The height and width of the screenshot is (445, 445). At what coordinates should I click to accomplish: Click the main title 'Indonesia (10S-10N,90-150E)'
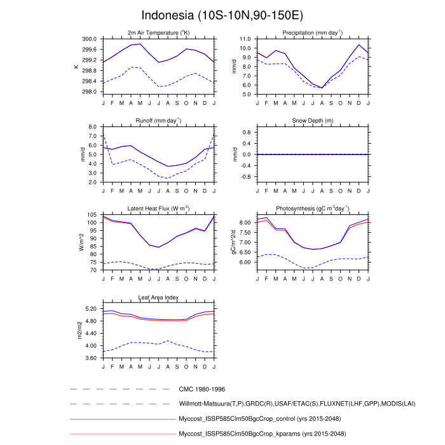pyautogui.click(x=222, y=15)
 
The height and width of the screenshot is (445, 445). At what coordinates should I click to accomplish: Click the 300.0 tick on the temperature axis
pyautogui.click(x=89, y=39)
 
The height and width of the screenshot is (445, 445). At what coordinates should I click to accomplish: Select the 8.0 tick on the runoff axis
pyautogui.click(x=92, y=127)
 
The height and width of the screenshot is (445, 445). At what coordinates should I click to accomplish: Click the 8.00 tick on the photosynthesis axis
pyautogui.click(x=245, y=222)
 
